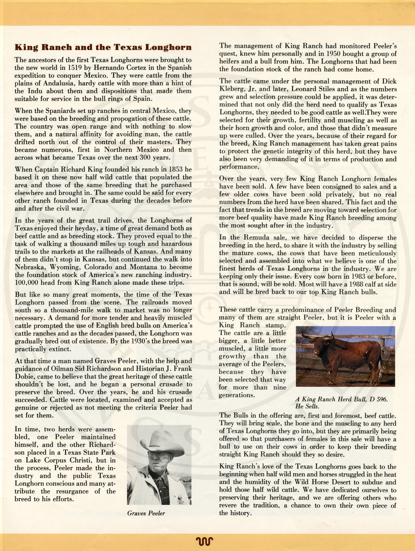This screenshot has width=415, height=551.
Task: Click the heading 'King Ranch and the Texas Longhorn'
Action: (x=103, y=47)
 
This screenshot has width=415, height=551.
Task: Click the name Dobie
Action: (x=26, y=377)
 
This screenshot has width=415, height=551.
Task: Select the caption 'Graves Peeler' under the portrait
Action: (x=146, y=513)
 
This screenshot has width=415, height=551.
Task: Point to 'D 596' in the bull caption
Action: (x=379, y=399)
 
